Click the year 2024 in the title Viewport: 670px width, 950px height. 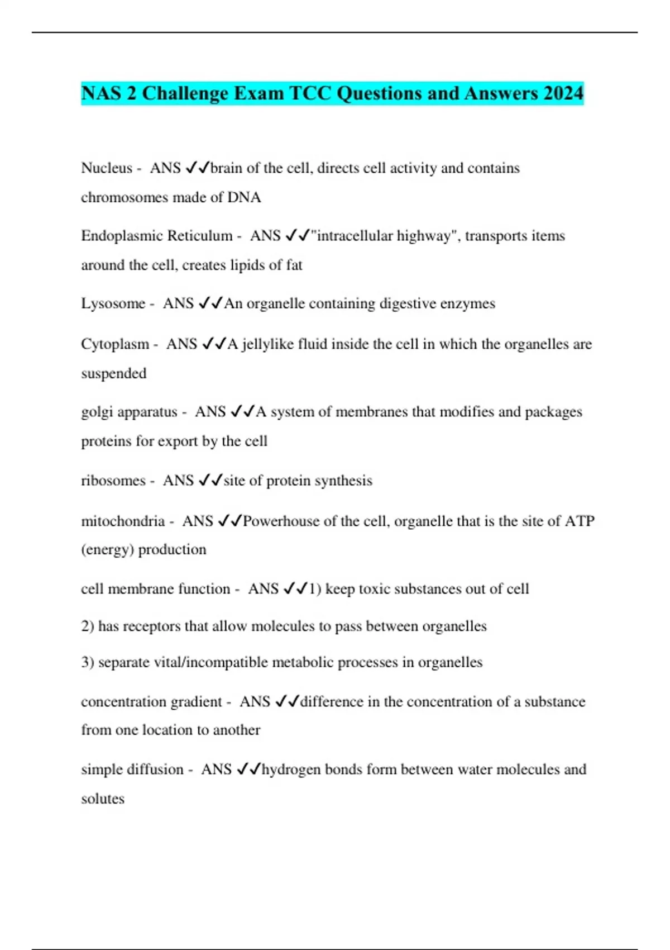(563, 93)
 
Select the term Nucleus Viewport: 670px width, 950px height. (107, 168)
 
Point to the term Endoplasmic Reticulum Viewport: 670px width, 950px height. (157, 236)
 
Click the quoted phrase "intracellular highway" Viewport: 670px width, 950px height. (384, 236)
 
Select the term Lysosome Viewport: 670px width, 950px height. (113, 303)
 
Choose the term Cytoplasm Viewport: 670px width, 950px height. (115, 344)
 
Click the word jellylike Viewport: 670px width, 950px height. (267, 344)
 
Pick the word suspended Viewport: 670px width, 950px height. (114, 373)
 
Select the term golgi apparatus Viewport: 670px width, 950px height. (129, 412)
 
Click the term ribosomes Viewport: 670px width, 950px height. (113, 481)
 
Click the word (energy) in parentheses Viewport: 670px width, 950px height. (107, 549)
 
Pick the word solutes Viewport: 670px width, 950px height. (103, 799)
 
